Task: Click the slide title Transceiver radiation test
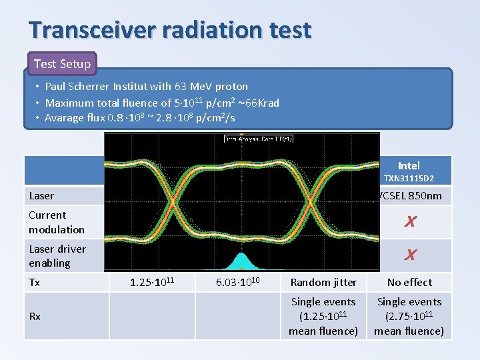(x=170, y=30)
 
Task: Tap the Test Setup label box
(x=62, y=64)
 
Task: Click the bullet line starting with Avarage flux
(x=140, y=119)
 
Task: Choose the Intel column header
(x=409, y=165)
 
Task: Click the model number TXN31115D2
(x=409, y=179)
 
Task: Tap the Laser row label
(x=41, y=196)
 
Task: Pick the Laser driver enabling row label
(x=57, y=256)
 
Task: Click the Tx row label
(x=35, y=283)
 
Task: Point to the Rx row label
(x=35, y=316)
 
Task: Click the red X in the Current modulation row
(x=410, y=222)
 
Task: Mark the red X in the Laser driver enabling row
(x=410, y=255)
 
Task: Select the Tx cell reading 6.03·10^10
(x=238, y=283)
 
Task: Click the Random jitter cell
(x=324, y=283)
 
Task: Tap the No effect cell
(x=409, y=283)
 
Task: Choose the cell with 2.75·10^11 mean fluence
(x=409, y=316)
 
